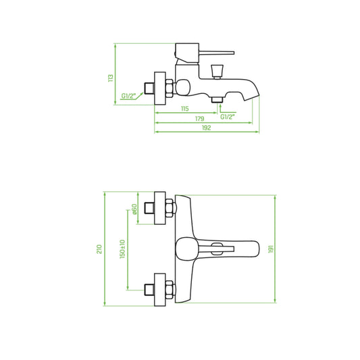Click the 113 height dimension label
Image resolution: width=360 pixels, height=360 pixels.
(111, 78)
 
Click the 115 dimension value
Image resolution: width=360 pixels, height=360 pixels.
(185, 109)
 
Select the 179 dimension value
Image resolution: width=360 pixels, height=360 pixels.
(199, 119)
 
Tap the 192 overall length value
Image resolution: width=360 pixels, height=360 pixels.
(206, 128)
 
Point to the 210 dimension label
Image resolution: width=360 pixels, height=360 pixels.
(99, 249)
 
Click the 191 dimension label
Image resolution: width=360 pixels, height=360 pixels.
(271, 249)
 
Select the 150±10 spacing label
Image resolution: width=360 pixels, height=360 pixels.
(122, 249)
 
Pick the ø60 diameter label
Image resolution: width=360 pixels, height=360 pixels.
(134, 209)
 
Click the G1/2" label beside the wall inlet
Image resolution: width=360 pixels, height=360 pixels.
(128, 96)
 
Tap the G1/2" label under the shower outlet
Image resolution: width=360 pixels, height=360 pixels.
(228, 117)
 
